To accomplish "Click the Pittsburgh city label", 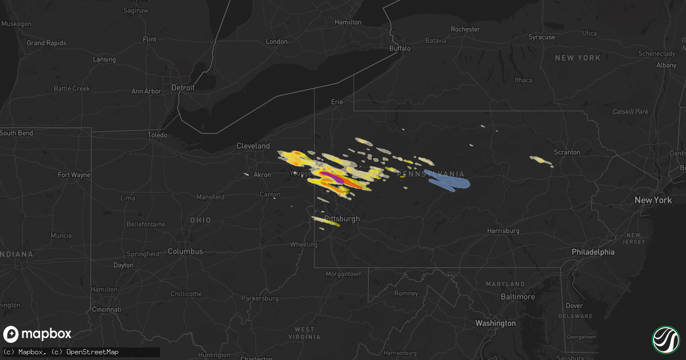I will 342,219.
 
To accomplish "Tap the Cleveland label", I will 253,146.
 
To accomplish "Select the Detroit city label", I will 184,88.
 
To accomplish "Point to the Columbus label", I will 185,251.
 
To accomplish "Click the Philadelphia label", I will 593,252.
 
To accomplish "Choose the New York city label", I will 653,201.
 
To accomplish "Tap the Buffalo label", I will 400,49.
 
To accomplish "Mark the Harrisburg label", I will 503,231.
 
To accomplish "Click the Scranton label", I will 567,152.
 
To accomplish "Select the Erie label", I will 337,102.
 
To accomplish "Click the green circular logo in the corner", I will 665,339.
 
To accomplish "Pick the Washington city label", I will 495,323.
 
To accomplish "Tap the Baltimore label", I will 517,297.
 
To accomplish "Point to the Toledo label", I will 157,135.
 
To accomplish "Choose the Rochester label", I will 465,29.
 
